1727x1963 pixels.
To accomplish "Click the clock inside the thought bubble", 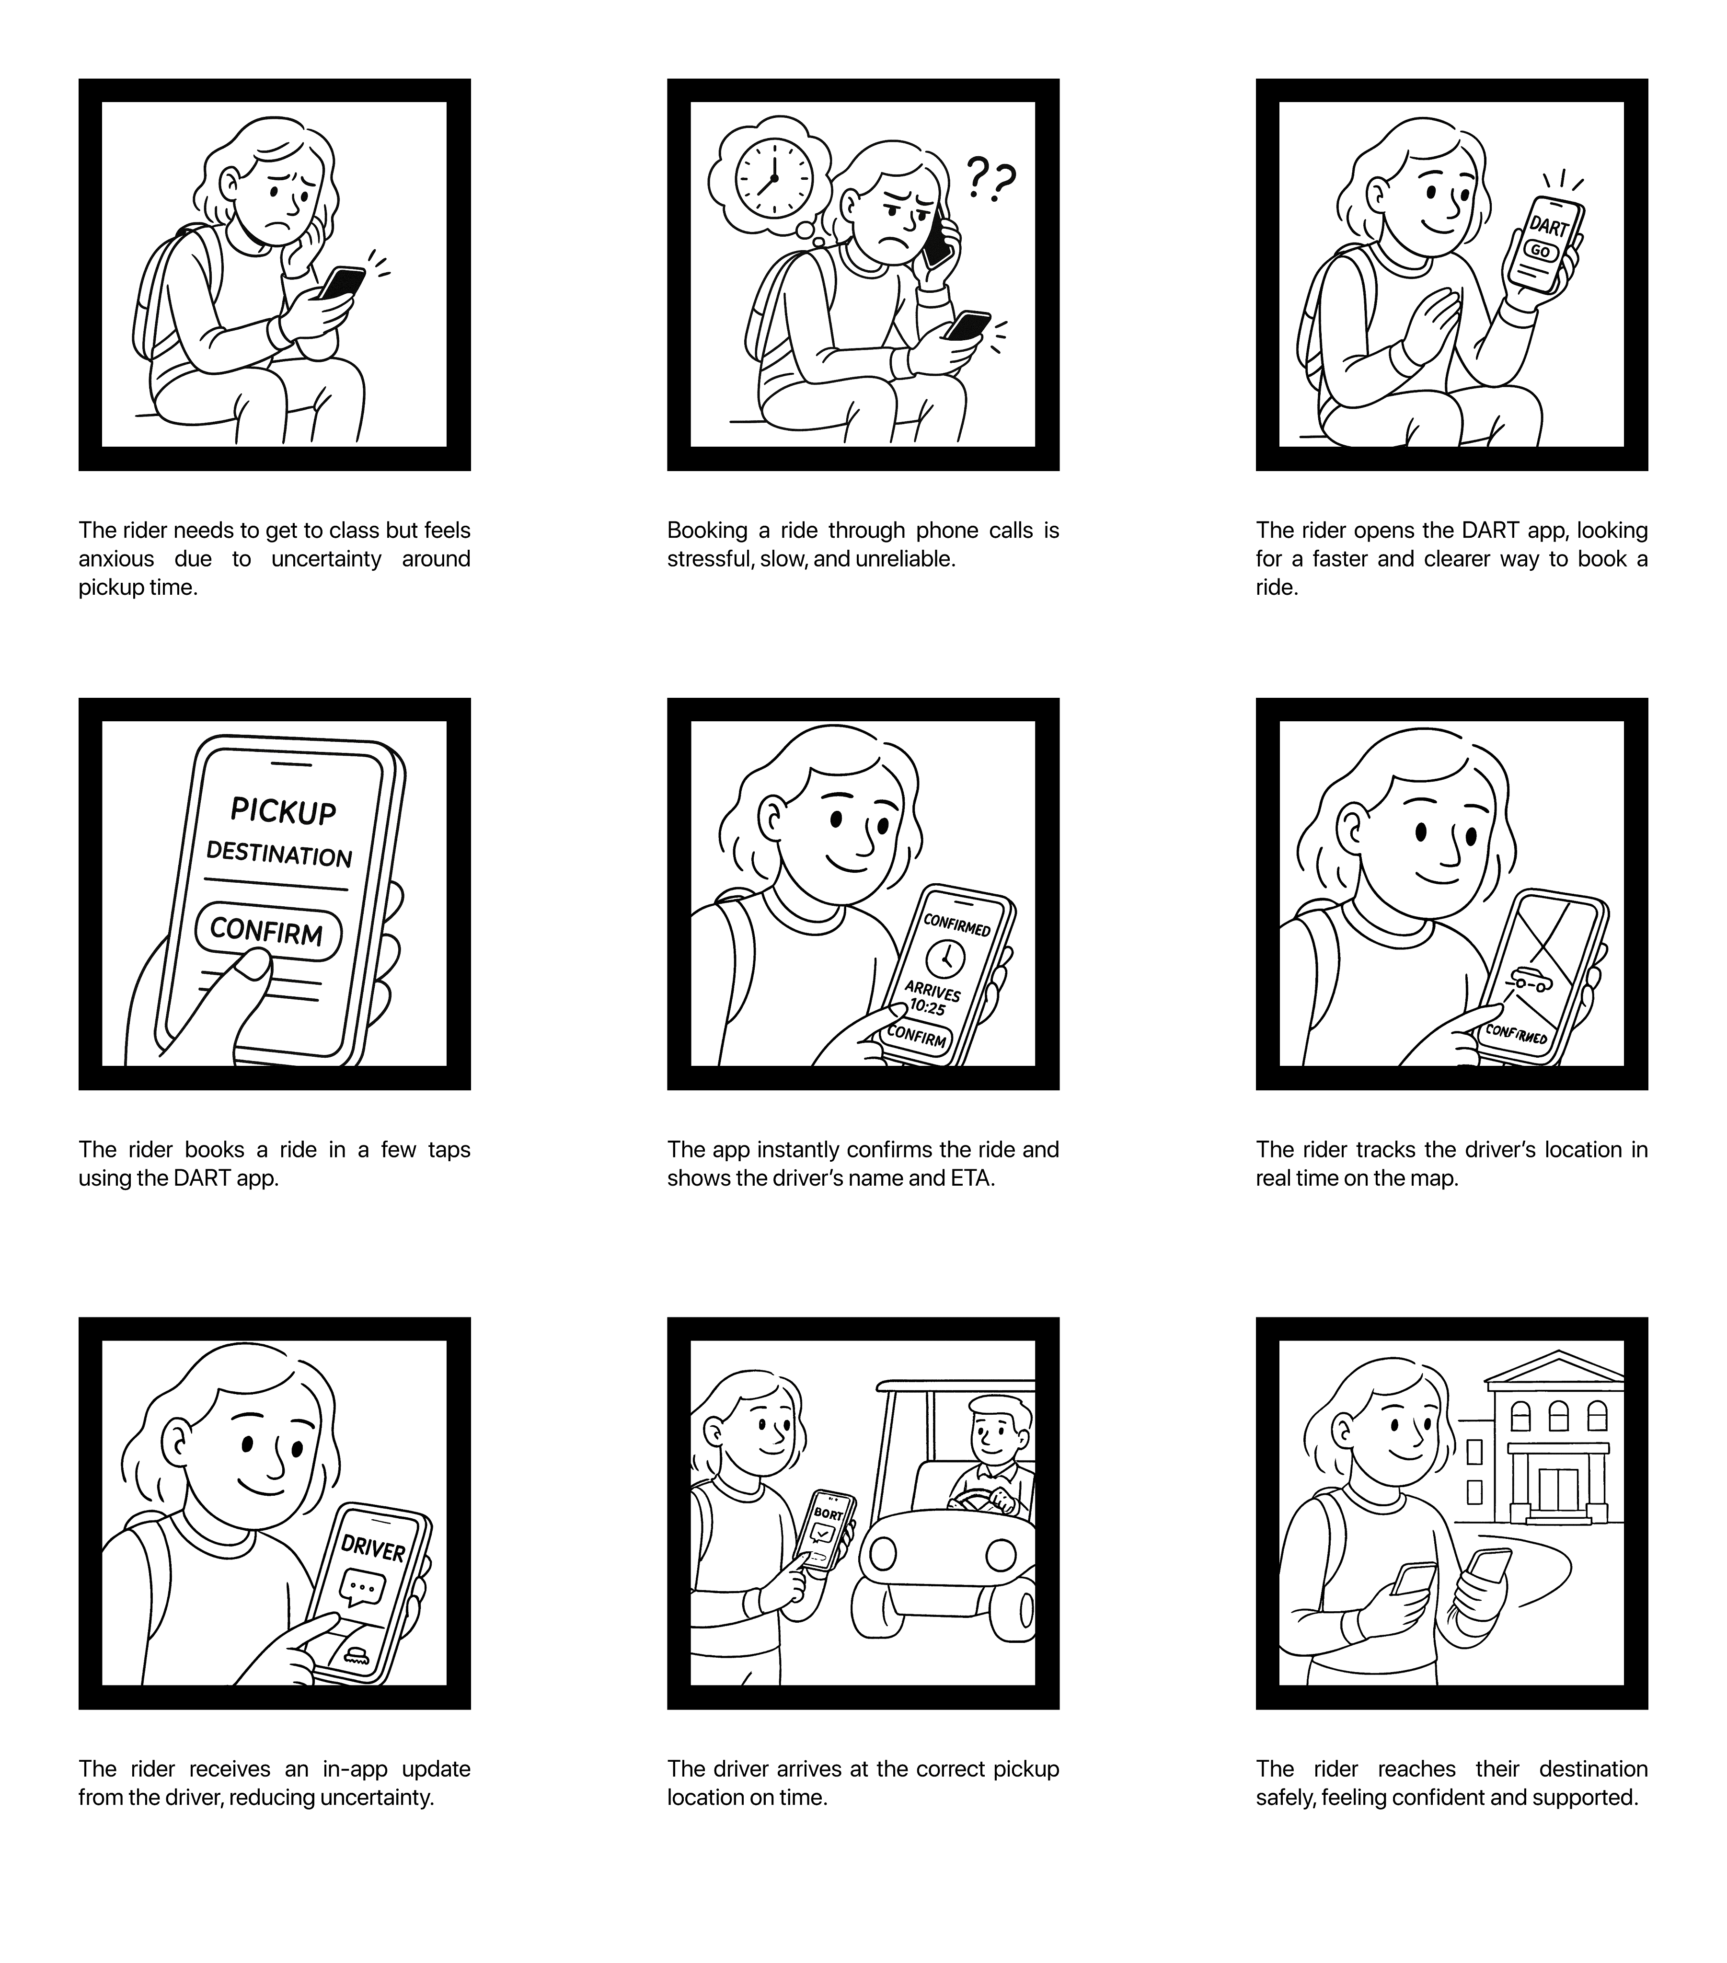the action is (x=773, y=180).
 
